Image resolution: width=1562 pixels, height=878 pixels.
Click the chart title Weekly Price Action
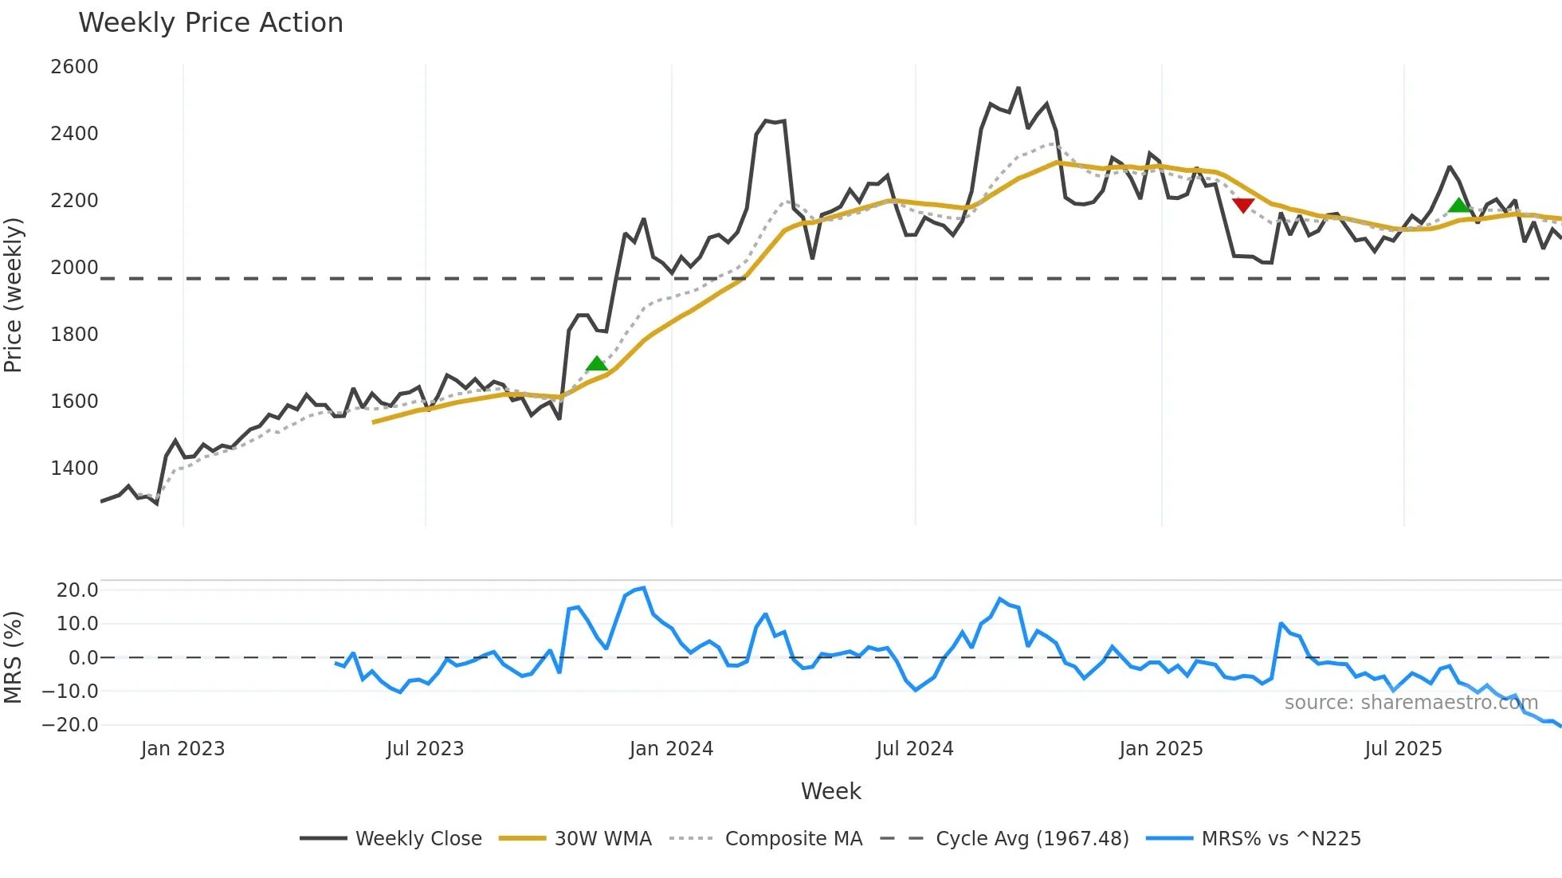click(x=210, y=23)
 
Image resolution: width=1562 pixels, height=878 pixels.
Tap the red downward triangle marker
click(x=1243, y=206)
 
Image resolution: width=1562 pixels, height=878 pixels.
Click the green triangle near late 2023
click(x=596, y=364)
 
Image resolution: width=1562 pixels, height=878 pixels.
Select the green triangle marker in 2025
click(x=1458, y=206)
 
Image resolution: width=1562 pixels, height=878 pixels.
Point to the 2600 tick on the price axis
click(x=74, y=67)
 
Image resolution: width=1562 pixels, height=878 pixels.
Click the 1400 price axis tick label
click(x=74, y=468)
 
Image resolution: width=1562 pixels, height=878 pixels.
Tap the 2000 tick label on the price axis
click(x=74, y=268)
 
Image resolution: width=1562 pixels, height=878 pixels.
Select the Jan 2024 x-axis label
click(x=671, y=749)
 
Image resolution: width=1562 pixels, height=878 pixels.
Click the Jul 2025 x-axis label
click(x=1403, y=749)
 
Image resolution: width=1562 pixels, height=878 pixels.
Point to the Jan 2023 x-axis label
click(x=182, y=749)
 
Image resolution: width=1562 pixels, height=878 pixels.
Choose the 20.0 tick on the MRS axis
click(x=77, y=590)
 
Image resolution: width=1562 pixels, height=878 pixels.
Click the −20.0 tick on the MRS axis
click(x=70, y=725)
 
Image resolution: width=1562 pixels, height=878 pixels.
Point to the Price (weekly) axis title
click(x=14, y=295)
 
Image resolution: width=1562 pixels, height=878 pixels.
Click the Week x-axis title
click(x=830, y=791)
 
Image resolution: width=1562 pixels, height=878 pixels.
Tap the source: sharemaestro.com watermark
click(x=1411, y=703)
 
